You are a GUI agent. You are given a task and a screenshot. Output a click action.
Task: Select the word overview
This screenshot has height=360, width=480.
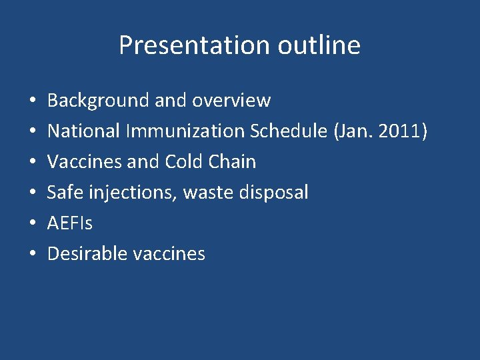click(231, 101)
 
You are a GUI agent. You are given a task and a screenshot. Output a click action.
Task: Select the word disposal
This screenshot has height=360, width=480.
click(273, 193)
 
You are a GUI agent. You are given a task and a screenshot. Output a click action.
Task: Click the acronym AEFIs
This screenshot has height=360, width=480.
click(70, 223)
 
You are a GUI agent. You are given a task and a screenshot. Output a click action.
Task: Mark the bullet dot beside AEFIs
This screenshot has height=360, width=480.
click(33, 224)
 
